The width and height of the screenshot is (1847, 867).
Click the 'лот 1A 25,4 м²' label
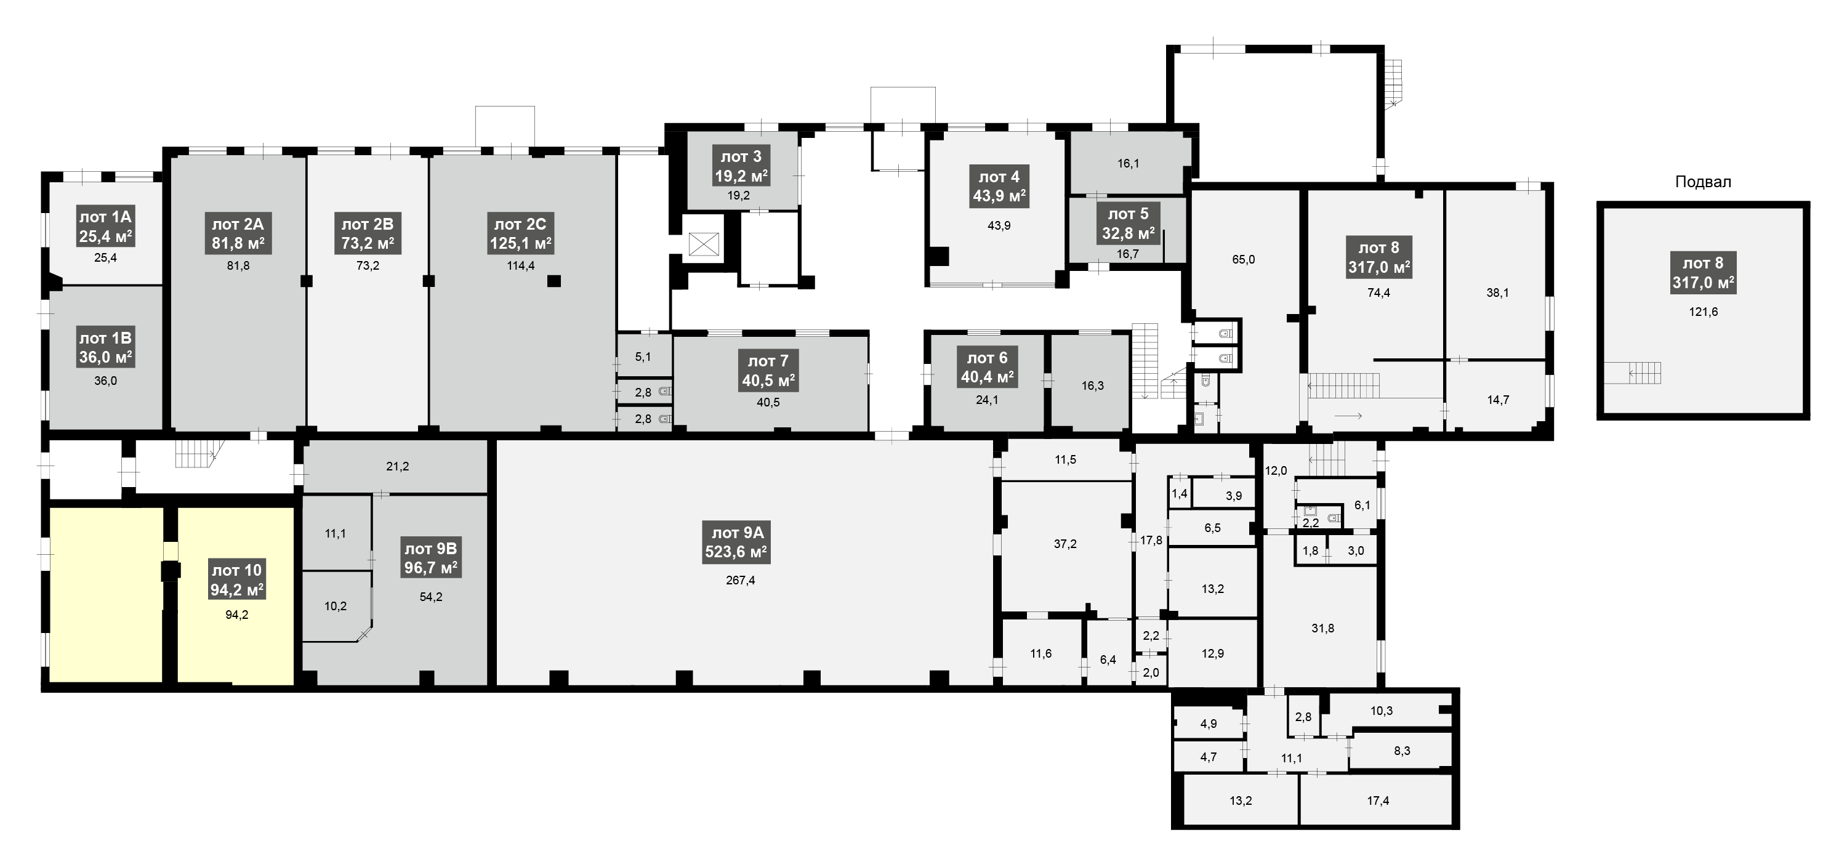point(105,227)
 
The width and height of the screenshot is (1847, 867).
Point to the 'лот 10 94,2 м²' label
point(236,580)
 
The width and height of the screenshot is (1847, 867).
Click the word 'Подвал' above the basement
point(1703,182)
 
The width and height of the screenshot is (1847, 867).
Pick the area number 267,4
point(740,580)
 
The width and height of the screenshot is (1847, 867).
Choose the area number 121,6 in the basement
point(1704,312)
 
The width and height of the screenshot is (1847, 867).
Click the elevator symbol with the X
point(702,244)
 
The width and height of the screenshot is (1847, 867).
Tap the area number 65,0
point(1243,260)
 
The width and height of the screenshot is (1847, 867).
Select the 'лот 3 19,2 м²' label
point(741,166)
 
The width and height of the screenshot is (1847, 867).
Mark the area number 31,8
point(1323,628)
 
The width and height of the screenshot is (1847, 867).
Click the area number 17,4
point(1378,800)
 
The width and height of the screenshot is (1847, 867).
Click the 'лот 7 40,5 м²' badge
point(768,371)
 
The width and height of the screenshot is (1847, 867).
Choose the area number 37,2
point(1064,544)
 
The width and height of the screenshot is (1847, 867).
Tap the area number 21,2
point(397,466)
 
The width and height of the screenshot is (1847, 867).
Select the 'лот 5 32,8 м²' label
point(1128,224)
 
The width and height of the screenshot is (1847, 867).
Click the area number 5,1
point(643,357)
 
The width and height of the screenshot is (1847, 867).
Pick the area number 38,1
point(1497,292)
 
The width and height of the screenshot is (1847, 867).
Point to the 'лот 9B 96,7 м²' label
point(431,559)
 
